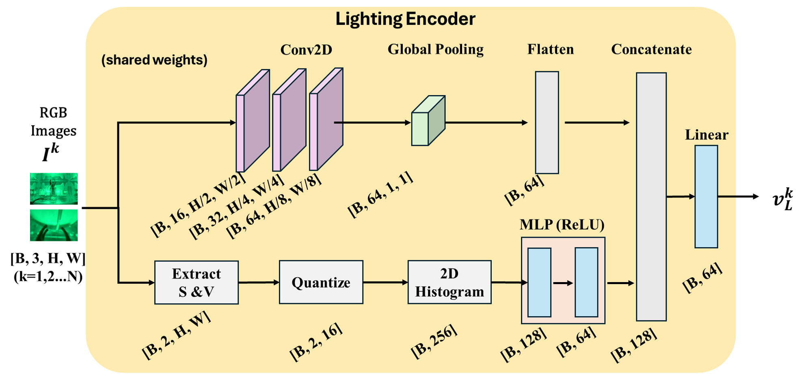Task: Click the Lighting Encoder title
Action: coord(405,19)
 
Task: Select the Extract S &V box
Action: coord(197,282)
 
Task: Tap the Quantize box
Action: coord(321,282)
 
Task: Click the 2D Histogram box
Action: coord(450,282)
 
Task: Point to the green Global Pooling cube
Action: coord(428,121)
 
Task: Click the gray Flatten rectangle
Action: coord(547,123)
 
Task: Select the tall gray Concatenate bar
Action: coord(651,197)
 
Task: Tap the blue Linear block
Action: coord(706,197)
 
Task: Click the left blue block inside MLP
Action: coord(539,282)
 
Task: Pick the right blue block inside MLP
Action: coord(586,282)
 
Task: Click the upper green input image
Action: coord(54,188)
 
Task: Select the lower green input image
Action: coord(54,226)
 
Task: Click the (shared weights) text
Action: coord(154,60)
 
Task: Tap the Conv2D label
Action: coord(306,50)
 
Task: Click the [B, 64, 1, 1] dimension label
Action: coord(380,194)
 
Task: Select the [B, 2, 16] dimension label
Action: coord(316,341)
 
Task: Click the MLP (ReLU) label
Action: coord(562,224)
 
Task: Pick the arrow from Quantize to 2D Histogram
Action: coord(385,282)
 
